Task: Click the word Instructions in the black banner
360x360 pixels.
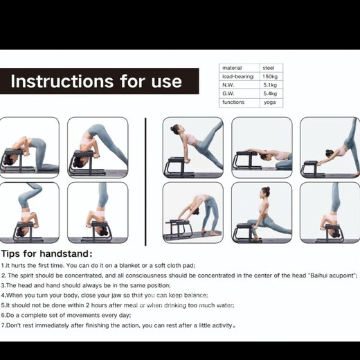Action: pyautogui.click(x=62, y=81)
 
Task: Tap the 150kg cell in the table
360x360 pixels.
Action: pyautogui.click(x=270, y=76)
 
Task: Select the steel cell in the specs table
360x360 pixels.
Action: pyautogui.click(x=269, y=68)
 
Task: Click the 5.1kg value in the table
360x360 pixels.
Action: pyautogui.click(x=270, y=85)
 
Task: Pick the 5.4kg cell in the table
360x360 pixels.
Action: pyautogui.click(x=270, y=93)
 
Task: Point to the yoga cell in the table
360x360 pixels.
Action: pyautogui.click(x=270, y=102)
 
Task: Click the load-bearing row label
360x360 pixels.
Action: pyautogui.click(x=238, y=76)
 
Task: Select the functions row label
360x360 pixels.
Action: pyautogui.click(x=233, y=102)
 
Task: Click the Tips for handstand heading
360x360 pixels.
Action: pyautogui.click(x=47, y=253)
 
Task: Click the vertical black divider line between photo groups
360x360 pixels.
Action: pyautogui.click(x=145, y=181)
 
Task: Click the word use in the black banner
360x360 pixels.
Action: pyautogui.click(x=167, y=82)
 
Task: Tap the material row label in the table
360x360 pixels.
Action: pyautogui.click(x=232, y=68)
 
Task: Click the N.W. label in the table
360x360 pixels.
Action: pyautogui.click(x=228, y=85)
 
